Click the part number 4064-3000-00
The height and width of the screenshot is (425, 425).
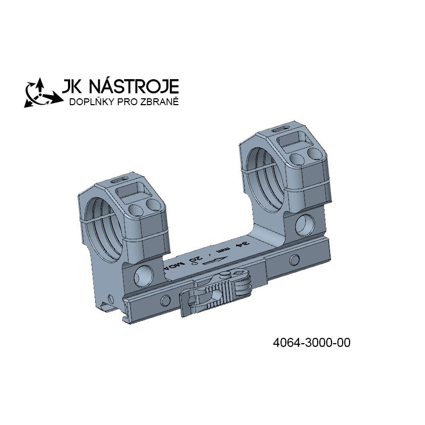pyautogui.click(x=311, y=343)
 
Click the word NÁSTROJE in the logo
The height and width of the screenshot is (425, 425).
pyautogui.click(x=134, y=86)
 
